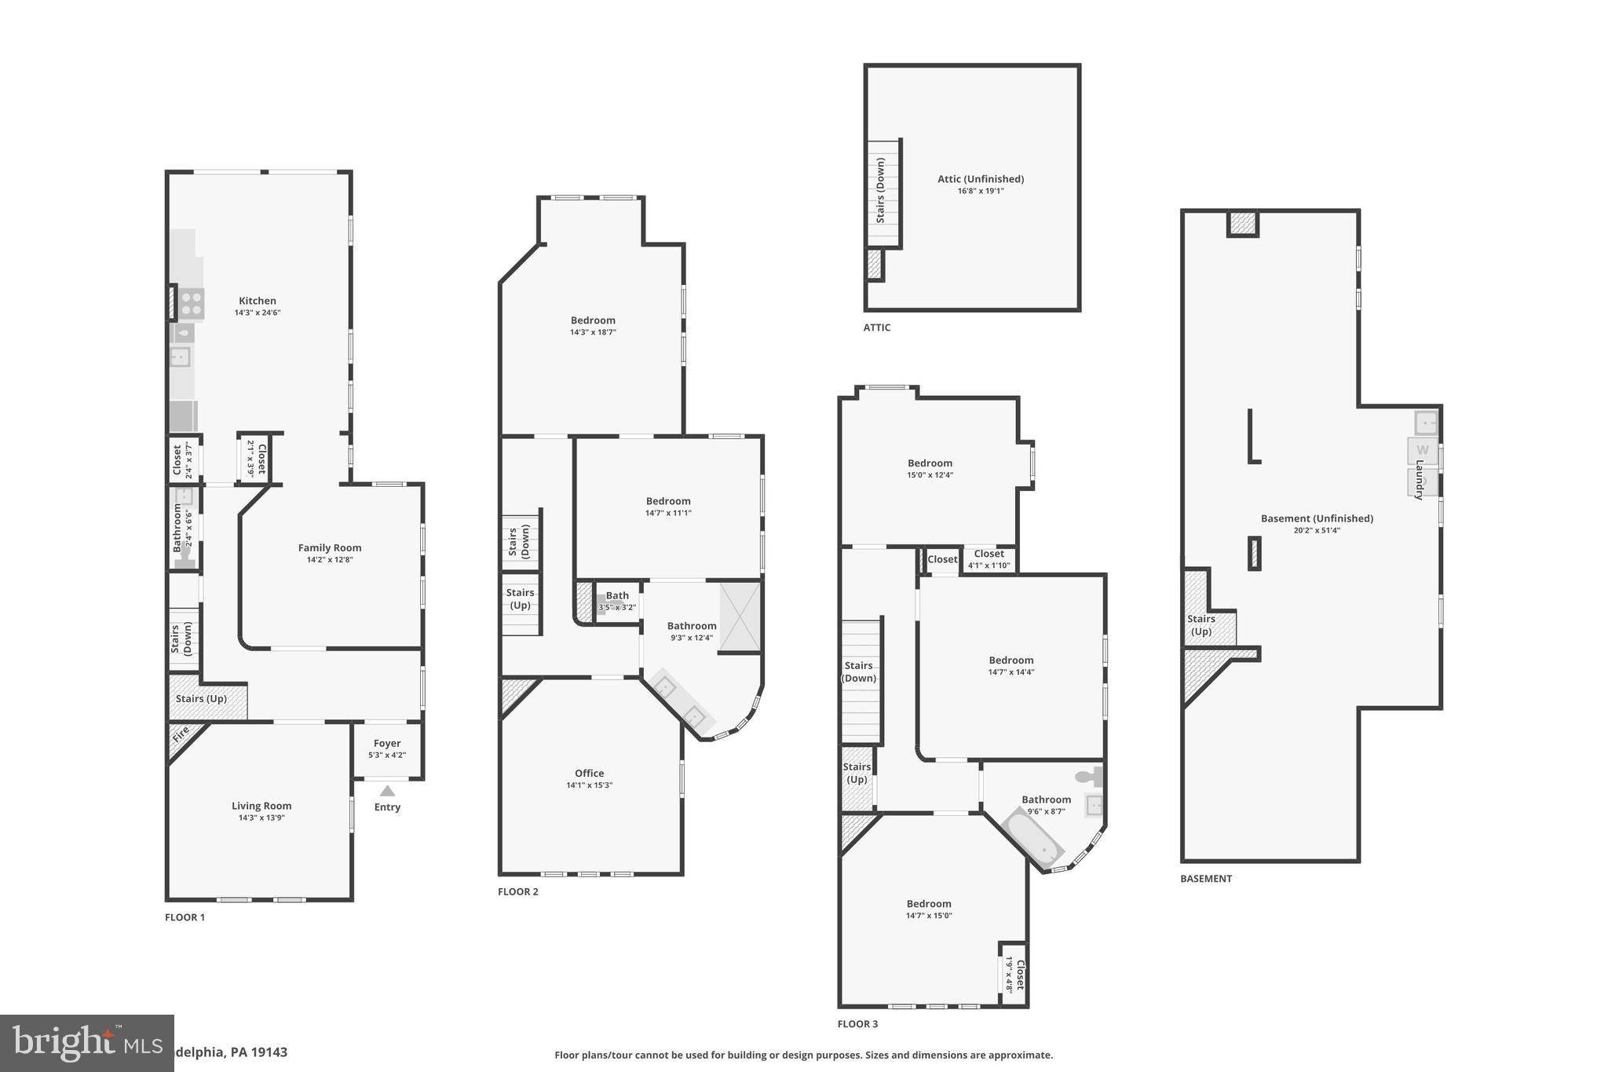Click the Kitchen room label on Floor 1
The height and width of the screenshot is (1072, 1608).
[x=258, y=301]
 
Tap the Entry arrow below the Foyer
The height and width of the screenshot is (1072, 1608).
[x=387, y=792]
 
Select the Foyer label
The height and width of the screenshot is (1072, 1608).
[x=387, y=743]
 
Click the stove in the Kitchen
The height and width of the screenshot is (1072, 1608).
[x=191, y=304]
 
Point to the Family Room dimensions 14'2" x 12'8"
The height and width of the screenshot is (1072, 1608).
[x=330, y=560]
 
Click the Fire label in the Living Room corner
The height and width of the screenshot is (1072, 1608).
[x=181, y=735]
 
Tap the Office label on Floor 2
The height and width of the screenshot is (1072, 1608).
[x=589, y=774]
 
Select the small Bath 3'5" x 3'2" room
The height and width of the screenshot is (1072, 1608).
[x=617, y=601]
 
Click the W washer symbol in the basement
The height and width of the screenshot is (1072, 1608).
[x=1422, y=451]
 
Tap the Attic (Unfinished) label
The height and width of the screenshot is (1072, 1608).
[x=981, y=179]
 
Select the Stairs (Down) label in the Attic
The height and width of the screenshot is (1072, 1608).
[x=881, y=191]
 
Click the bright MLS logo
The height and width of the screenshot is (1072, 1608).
[x=86, y=1043]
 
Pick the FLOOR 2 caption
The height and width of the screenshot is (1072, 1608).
[x=518, y=891]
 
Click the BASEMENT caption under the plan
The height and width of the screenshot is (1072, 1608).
[x=1206, y=879]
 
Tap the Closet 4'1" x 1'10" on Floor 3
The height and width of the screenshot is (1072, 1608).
[x=989, y=559]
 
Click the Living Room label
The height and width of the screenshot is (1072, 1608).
[x=261, y=806]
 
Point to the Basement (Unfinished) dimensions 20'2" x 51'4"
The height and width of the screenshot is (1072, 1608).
[x=1317, y=530]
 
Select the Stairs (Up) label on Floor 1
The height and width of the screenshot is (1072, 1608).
[x=201, y=699]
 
